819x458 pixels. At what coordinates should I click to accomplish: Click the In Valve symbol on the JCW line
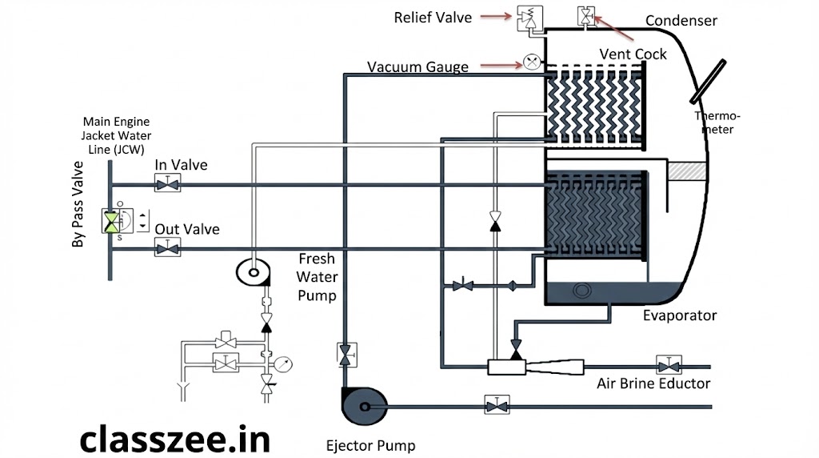pos(167,186)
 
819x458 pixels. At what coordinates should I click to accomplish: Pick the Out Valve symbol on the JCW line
pos(167,250)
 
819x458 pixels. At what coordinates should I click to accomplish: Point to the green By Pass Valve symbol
pos(112,222)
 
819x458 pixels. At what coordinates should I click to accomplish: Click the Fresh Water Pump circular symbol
pos(254,272)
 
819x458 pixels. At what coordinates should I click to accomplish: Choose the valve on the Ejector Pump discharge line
pos(497,407)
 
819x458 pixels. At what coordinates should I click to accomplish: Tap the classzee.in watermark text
pos(174,439)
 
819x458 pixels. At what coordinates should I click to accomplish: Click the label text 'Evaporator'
pos(680,315)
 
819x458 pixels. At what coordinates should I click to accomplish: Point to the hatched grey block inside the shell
pos(687,171)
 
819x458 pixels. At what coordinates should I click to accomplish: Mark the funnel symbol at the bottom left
pos(182,392)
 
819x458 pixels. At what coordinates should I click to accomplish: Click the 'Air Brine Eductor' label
pos(653,384)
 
